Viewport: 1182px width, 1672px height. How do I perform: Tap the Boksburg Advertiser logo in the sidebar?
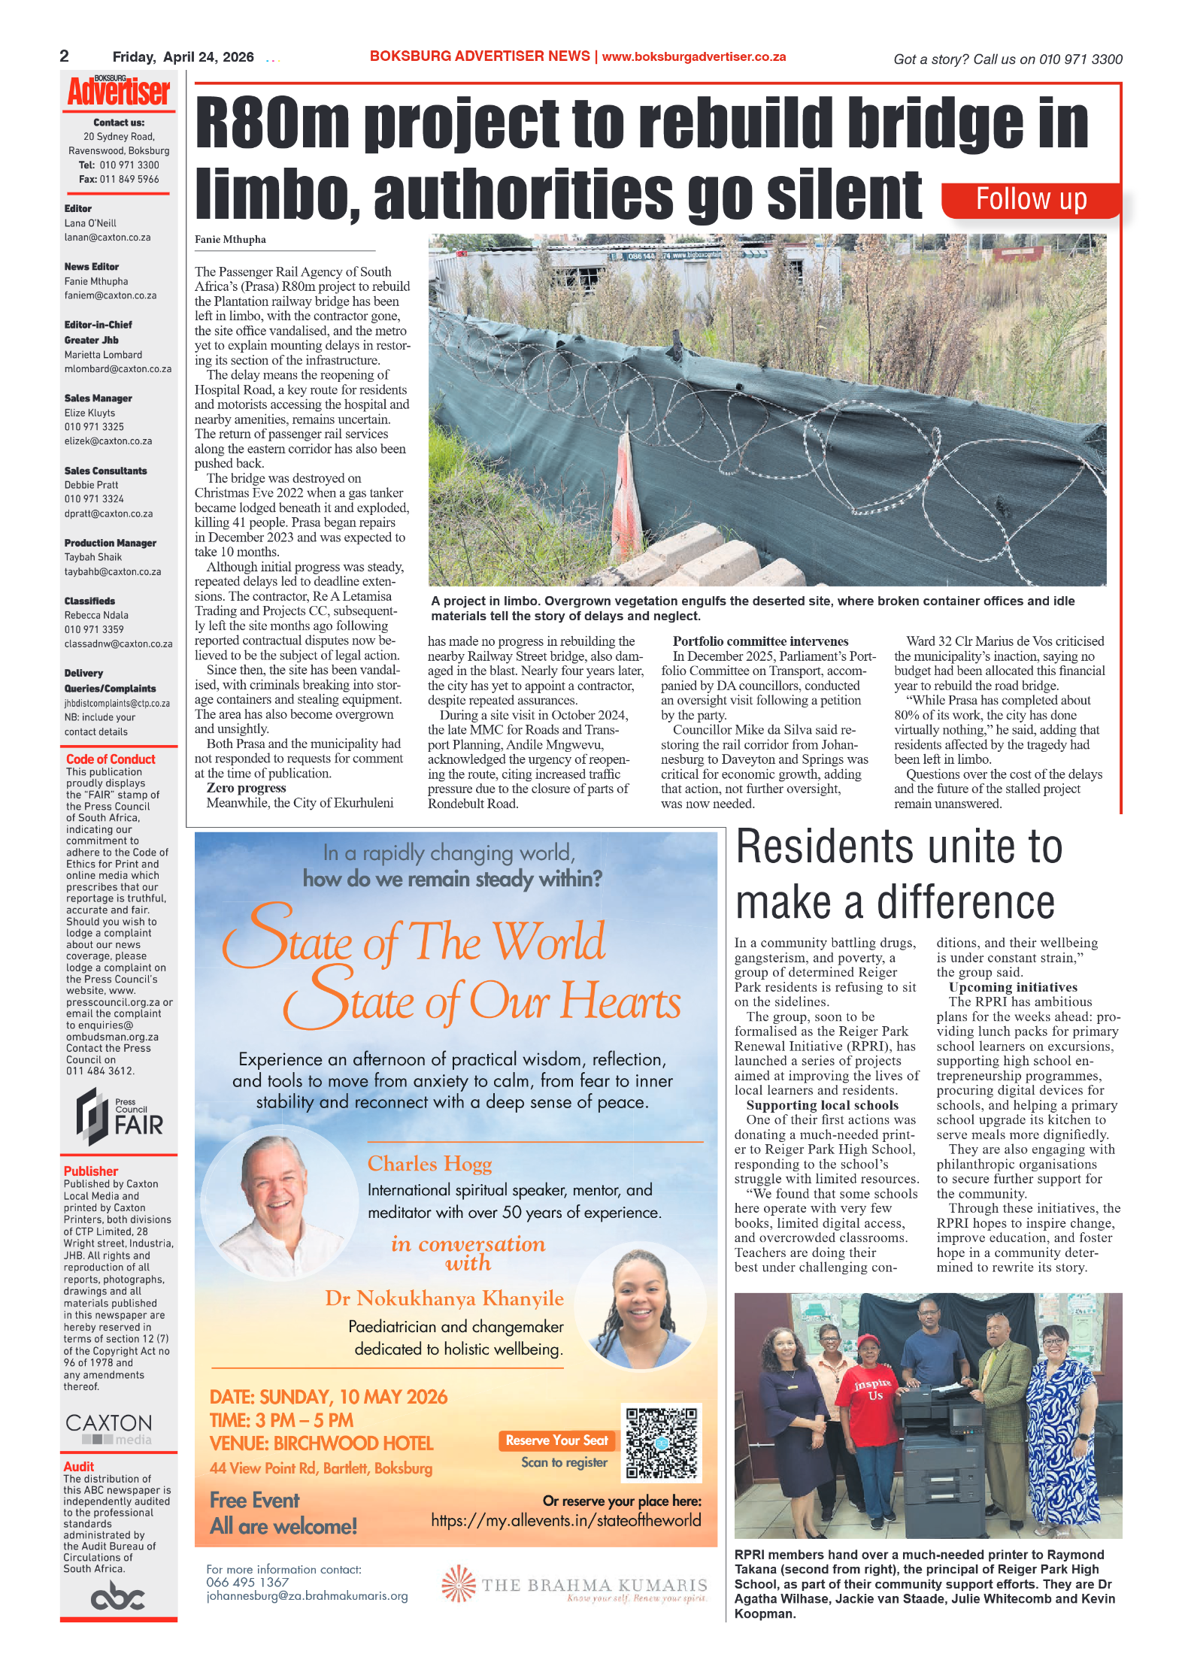(119, 91)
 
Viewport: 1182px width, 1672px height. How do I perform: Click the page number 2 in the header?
(65, 56)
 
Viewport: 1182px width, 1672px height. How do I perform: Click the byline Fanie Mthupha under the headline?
(230, 240)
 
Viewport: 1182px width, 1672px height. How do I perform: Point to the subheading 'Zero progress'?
(246, 788)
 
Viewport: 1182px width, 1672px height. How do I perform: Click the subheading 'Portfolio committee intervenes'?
(760, 641)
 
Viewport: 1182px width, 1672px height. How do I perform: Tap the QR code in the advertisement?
(662, 1443)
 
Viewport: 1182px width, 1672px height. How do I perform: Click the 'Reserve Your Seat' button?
(556, 1440)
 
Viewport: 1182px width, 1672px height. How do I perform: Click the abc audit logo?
(118, 1596)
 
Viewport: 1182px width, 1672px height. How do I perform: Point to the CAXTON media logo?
(109, 1428)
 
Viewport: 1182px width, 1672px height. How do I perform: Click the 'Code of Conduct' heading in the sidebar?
(111, 759)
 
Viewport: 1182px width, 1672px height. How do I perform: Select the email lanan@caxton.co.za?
(108, 238)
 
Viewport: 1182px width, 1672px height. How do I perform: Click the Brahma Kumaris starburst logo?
(459, 1585)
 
